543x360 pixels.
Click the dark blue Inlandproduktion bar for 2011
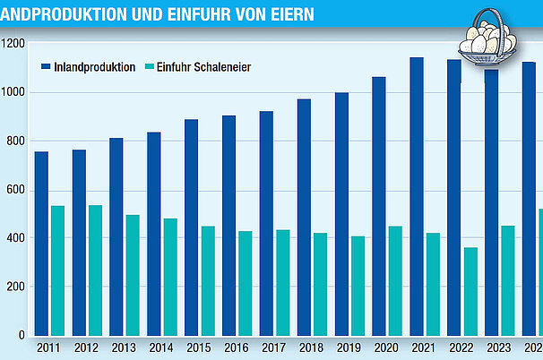[x=41, y=243]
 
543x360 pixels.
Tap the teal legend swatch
[x=148, y=67]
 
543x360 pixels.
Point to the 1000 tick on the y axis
[x=13, y=92]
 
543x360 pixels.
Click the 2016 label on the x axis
[x=237, y=347]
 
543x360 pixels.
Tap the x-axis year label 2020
[x=387, y=347]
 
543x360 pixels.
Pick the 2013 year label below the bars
[x=124, y=347]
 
